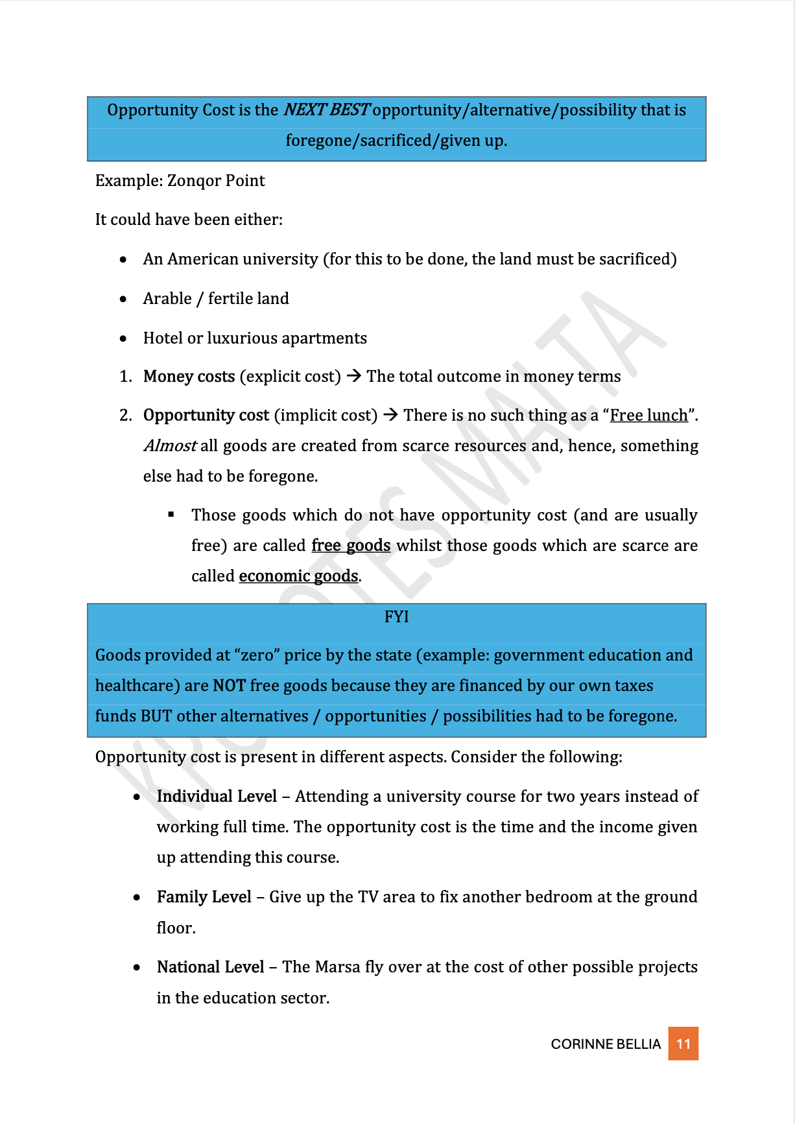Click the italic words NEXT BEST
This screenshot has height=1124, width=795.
pos(326,110)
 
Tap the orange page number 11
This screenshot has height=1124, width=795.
pos(683,1044)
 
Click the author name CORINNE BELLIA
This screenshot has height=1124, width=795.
pos(606,1044)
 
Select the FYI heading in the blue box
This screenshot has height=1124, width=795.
pos(396,616)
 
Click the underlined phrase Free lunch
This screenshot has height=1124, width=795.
pos(648,415)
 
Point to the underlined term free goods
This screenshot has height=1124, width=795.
pos(351,546)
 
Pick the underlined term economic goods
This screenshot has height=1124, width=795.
pos(298,576)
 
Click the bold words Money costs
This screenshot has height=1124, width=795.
pos(189,377)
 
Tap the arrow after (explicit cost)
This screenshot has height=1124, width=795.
pos(353,376)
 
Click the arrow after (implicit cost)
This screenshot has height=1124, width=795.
pos(390,415)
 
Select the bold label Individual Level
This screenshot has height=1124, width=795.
pos(217,796)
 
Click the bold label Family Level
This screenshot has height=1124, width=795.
pos(204,897)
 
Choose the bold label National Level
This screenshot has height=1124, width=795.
pos(210,967)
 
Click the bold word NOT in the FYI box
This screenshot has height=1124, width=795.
pos(229,686)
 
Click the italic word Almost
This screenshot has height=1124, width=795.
pos(170,446)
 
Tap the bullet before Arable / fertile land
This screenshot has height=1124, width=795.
pos(123,299)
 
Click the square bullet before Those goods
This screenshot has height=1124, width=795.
pos(171,515)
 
